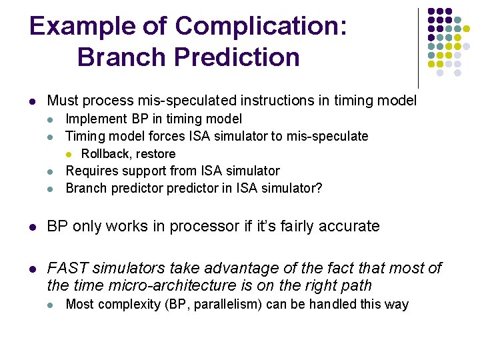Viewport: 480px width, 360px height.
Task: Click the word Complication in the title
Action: [261, 27]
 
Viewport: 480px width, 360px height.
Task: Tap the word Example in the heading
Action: [83, 27]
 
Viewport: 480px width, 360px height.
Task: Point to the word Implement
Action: [97, 119]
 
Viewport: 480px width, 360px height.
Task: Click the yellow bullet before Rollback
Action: [69, 155]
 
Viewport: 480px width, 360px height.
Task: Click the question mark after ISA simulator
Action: [319, 188]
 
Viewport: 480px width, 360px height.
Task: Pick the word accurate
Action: [349, 227]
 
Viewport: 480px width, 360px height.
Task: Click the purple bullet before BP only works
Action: [33, 227]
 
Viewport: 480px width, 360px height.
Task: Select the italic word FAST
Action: [68, 268]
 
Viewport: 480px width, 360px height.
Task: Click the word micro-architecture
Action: [173, 285]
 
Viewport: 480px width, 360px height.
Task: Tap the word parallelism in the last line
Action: [228, 305]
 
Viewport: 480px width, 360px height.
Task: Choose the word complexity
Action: [129, 305]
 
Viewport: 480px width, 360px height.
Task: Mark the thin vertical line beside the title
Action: [418, 49]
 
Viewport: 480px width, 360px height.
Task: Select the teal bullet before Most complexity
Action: [50, 305]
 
